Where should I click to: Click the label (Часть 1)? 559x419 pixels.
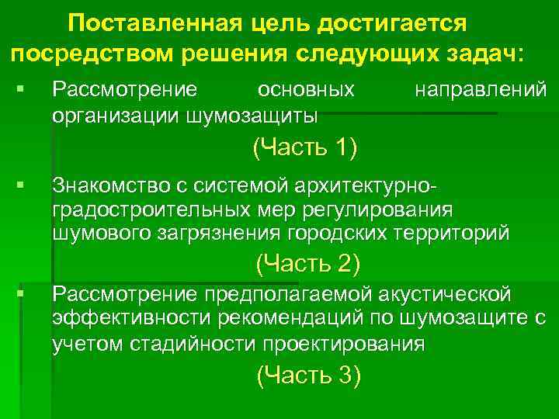[x=305, y=147]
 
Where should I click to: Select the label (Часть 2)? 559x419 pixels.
[x=307, y=264]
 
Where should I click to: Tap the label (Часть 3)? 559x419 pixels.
[x=308, y=376]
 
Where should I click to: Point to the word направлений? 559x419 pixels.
[x=481, y=90]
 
